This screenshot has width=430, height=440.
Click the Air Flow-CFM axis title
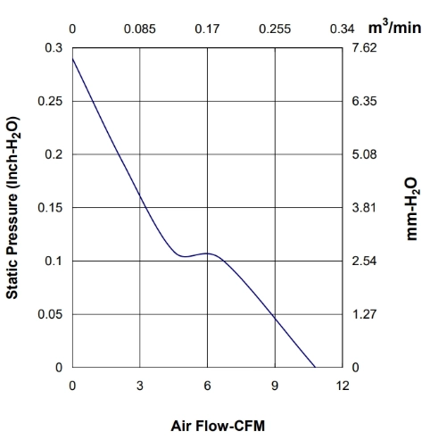218,426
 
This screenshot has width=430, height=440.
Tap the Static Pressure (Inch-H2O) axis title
12,208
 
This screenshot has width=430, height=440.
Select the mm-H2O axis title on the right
412,209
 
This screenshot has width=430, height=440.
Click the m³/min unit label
394,27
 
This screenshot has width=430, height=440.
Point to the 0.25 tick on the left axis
50,101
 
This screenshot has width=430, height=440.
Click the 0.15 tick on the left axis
50,208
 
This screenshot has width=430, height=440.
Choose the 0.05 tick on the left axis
50,314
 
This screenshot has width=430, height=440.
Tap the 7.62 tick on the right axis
364,47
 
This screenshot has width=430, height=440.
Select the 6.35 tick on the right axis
364,101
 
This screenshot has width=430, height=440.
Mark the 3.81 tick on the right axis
364,208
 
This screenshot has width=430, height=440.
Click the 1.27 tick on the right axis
364,314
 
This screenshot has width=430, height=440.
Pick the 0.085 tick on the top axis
140,29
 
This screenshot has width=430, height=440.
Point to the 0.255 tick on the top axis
275,29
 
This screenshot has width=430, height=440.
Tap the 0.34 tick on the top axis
343,29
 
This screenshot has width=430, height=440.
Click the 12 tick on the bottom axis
343,386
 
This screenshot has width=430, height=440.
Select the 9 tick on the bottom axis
275,386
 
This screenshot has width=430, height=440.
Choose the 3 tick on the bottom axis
140,386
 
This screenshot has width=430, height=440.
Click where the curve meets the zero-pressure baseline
315,367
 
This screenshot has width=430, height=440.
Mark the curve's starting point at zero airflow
72,58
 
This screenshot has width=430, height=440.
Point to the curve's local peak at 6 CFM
207,253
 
